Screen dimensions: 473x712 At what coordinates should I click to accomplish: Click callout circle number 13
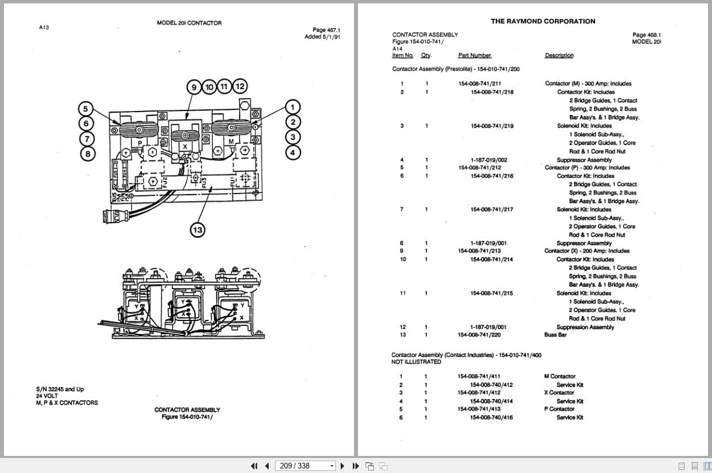tap(197, 230)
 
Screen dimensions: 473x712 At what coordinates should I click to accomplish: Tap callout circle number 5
tap(86, 108)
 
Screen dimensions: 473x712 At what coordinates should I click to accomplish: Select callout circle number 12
tap(240, 87)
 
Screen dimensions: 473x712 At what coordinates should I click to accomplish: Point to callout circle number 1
tap(293, 107)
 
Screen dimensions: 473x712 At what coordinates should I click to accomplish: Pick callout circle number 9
tap(194, 87)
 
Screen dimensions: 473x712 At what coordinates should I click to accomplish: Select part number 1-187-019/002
tap(488, 160)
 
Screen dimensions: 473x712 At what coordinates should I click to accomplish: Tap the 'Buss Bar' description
tap(555, 335)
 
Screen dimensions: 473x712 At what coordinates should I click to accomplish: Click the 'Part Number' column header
tap(475, 55)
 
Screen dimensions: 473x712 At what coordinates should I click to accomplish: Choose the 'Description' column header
tap(559, 55)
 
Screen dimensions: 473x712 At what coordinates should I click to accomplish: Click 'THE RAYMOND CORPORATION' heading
tap(543, 21)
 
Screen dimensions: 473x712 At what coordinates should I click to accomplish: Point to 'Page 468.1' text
tap(647, 35)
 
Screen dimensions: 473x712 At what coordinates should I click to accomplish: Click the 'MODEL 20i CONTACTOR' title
tap(189, 23)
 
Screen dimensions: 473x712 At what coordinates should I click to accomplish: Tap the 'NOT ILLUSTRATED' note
tap(416, 362)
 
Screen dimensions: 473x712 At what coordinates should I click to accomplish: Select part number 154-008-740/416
tap(491, 418)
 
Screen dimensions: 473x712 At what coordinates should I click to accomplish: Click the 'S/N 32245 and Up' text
tap(60, 389)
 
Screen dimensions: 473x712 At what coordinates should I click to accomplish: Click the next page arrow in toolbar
tap(342, 466)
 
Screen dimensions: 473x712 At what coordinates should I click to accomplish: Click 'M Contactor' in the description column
tap(559, 376)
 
